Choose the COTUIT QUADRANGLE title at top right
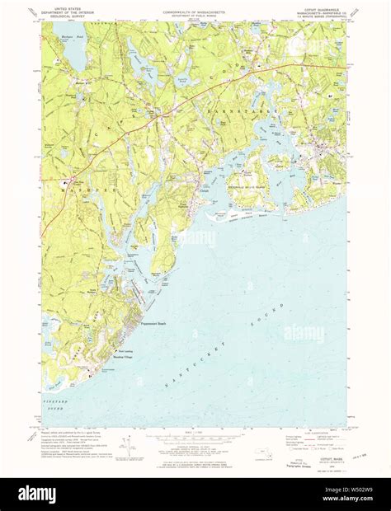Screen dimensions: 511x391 pos(323,8)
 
